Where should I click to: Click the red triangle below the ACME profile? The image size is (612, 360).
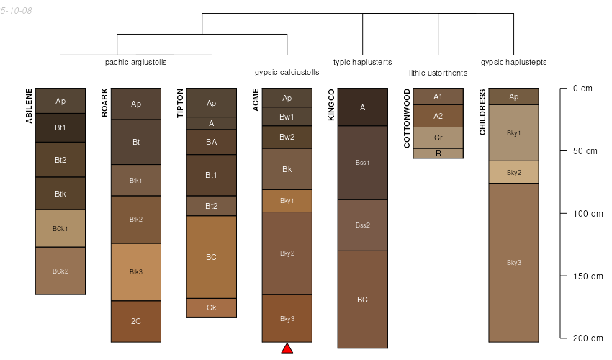click(287, 348)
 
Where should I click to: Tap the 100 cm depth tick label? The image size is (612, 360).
click(588, 214)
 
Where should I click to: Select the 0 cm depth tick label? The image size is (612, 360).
click(582, 89)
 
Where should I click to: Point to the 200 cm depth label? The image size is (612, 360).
click(588, 338)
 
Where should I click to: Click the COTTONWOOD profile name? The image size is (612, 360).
click(407, 118)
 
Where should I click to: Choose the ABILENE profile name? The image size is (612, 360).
click(29, 106)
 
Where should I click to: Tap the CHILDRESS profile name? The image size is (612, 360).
click(482, 112)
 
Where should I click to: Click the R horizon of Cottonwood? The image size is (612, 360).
click(438, 153)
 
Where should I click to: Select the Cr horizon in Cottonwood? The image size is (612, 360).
click(438, 138)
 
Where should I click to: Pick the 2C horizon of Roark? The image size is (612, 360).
click(136, 321)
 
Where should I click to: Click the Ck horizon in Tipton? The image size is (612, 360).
click(211, 307)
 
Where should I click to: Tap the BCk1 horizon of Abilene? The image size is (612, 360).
click(60, 229)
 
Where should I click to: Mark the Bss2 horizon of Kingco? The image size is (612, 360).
click(362, 225)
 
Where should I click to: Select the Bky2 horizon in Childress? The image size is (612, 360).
click(513, 172)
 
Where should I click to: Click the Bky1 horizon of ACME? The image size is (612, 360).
click(287, 201)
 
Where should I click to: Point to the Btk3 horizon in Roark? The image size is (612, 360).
click(136, 272)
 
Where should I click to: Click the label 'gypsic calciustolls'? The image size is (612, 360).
click(287, 72)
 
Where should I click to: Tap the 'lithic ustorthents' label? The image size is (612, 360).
click(438, 73)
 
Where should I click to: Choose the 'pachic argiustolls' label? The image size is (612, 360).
click(136, 62)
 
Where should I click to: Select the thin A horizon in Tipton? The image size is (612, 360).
click(211, 123)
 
